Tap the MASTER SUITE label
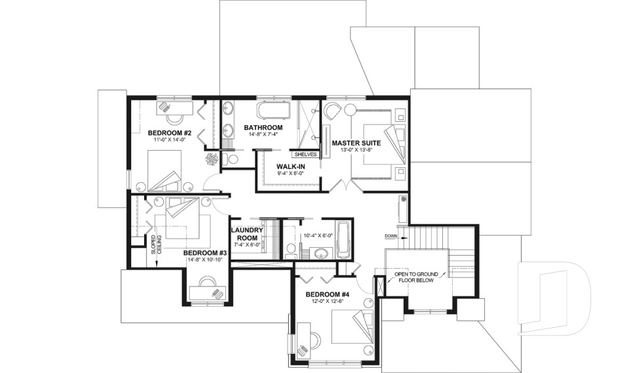point(356,143)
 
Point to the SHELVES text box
point(306,154)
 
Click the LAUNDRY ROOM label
point(247,234)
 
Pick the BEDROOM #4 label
point(328,294)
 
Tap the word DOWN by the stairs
point(391,236)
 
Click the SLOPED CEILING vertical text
point(156,245)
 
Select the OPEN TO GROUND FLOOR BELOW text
point(416,277)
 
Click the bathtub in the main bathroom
point(274,109)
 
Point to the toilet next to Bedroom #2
point(230,159)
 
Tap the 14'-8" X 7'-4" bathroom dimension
point(263,134)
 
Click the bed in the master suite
point(378,144)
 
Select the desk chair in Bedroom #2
point(175,118)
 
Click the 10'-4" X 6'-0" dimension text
point(318,236)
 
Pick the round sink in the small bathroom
point(321,254)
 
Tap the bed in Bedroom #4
point(353,326)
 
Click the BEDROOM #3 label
point(205,253)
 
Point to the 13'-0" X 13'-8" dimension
point(356,150)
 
